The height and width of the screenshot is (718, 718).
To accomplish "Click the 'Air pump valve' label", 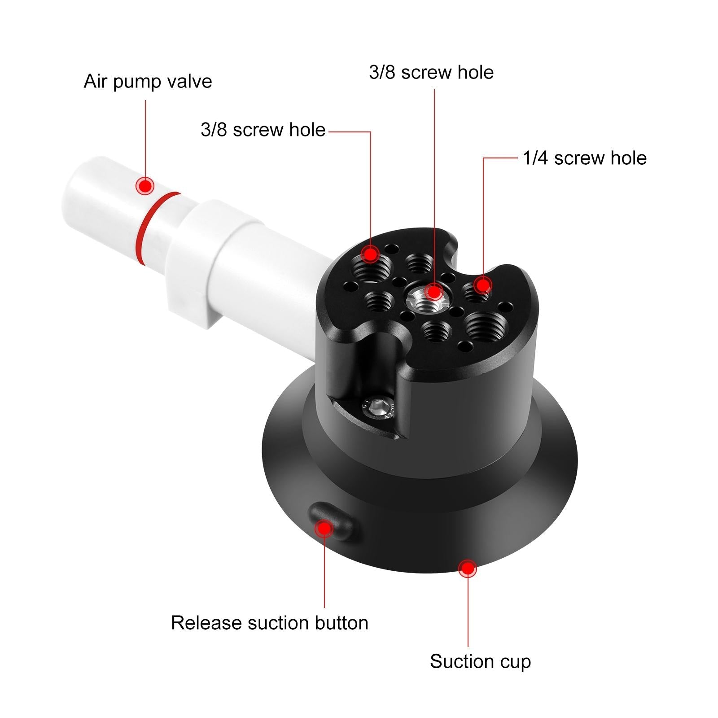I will point(148,82).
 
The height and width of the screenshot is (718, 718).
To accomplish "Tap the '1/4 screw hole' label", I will point(584,158).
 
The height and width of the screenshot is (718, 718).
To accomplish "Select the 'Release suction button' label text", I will point(269,623).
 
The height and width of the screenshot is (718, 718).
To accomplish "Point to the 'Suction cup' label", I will point(480,661).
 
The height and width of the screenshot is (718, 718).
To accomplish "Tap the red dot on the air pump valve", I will point(145,185).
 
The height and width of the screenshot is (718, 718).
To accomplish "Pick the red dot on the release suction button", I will point(324,528).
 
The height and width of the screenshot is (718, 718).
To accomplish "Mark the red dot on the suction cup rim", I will point(468,569).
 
